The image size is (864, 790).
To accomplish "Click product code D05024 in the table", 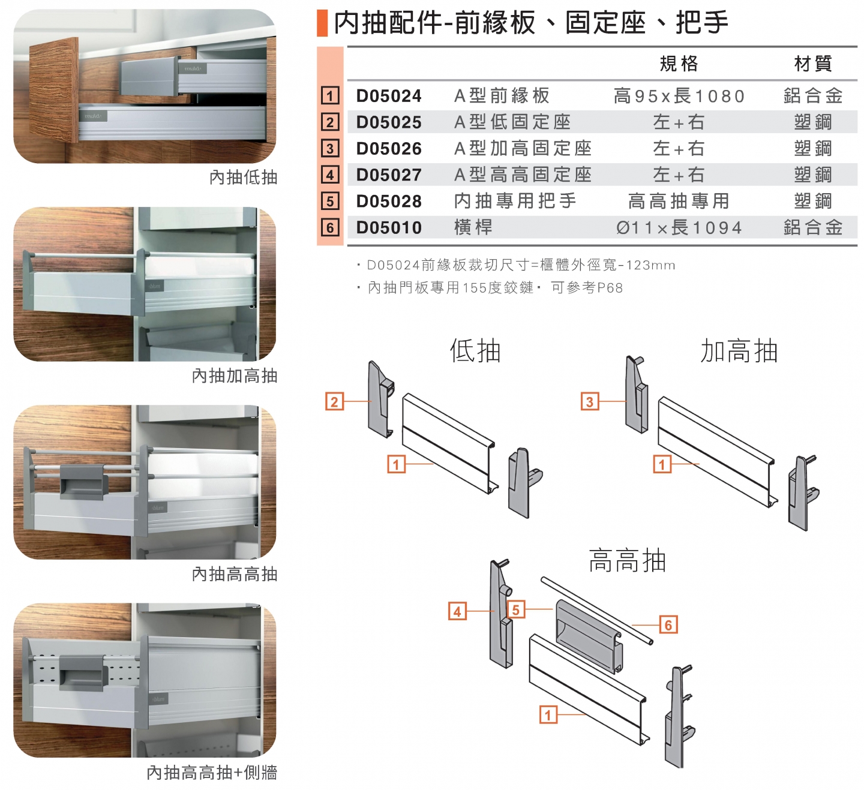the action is (388, 95).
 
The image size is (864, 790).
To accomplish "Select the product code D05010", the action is (388, 227).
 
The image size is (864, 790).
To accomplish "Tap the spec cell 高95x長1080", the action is (679, 95).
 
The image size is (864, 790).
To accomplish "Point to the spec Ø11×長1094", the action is (679, 227).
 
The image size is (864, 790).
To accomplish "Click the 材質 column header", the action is (813, 64).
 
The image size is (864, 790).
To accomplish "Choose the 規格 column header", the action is (679, 64).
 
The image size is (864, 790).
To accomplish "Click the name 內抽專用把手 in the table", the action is (515, 201).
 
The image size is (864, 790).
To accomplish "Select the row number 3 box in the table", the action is (330, 148).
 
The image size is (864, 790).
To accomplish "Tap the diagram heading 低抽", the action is (475, 351).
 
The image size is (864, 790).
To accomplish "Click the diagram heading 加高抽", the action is (739, 351).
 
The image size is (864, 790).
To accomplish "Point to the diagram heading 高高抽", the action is (627, 560).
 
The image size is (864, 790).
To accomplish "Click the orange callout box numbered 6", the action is (668, 624).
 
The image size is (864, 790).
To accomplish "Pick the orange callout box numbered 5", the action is (516, 609).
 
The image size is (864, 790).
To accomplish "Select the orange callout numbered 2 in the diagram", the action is (334, 401).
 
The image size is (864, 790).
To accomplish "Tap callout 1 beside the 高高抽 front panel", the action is (548, 715).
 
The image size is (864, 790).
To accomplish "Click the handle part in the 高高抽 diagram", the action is (589, 636).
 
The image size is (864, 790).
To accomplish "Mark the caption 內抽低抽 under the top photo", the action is (243, 177).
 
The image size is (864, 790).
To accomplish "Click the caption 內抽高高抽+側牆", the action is (211, 773).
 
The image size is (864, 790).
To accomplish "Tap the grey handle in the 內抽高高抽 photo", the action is (82, 482).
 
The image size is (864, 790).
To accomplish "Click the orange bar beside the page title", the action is (322, 23).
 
